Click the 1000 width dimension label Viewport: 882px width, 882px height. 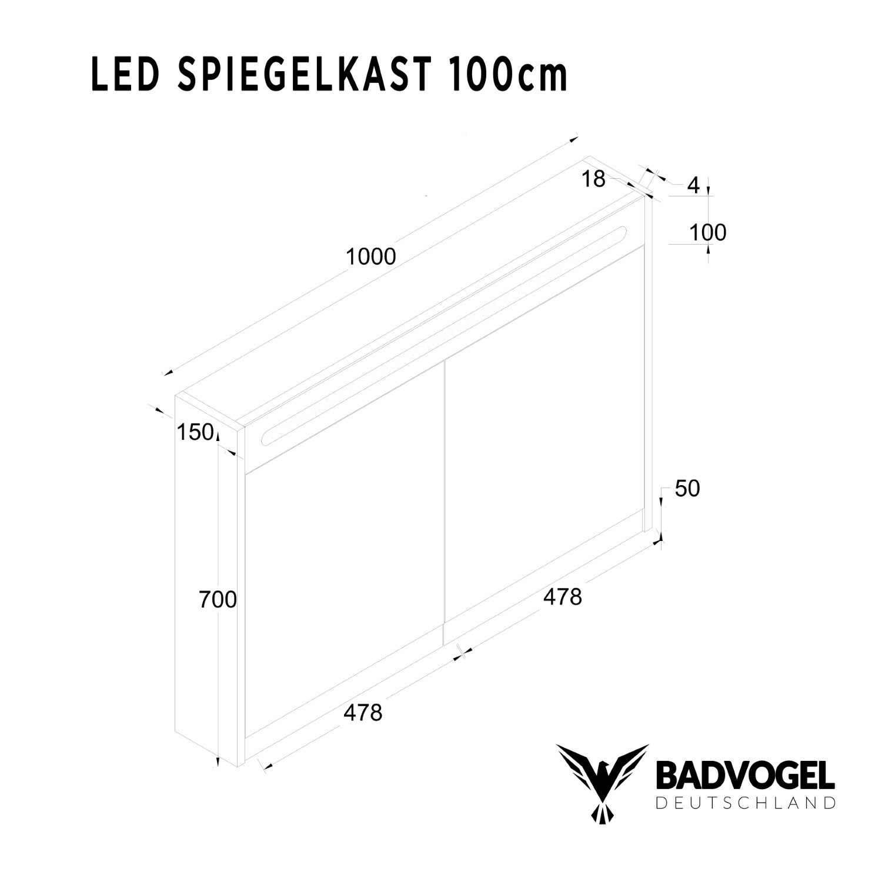pyautogui.click(x=371, y=257)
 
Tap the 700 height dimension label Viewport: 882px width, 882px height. pyautogui.click(x=217, y=600)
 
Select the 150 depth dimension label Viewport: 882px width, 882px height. pyautogui.click(x=195, y=433)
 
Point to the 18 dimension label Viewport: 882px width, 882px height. pyautogui.click(x=593, y=179)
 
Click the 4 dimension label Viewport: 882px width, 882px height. pyautogui.click(x=694, y=186)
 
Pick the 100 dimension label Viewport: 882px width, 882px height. pyautogui.click(x=707, y=233)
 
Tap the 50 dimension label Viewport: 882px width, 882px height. pyautogui.click(x=687, y=489)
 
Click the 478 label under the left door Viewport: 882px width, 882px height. pyautogui.click(x=363, y=713)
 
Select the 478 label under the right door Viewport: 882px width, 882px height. pyautogui.click(x=562, y=597)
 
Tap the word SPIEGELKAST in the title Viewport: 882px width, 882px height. pyautogui.click(x=300, y=75)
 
